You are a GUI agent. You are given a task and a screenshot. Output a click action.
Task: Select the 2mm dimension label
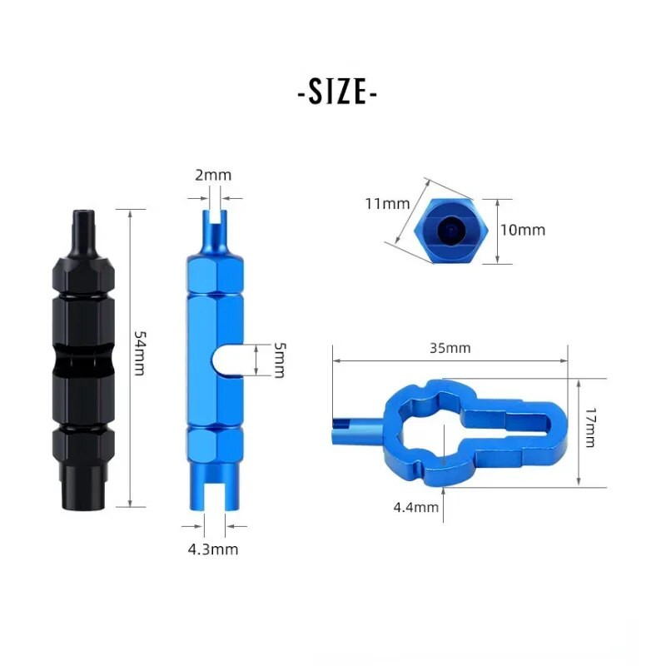click(x=213, y=175)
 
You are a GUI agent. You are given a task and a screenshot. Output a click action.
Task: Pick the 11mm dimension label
click(x=386, y=203)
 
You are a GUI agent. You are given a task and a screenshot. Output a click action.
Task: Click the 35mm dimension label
click(x=450, y=348)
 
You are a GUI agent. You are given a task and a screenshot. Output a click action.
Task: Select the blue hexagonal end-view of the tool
click(x=451, y=230)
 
